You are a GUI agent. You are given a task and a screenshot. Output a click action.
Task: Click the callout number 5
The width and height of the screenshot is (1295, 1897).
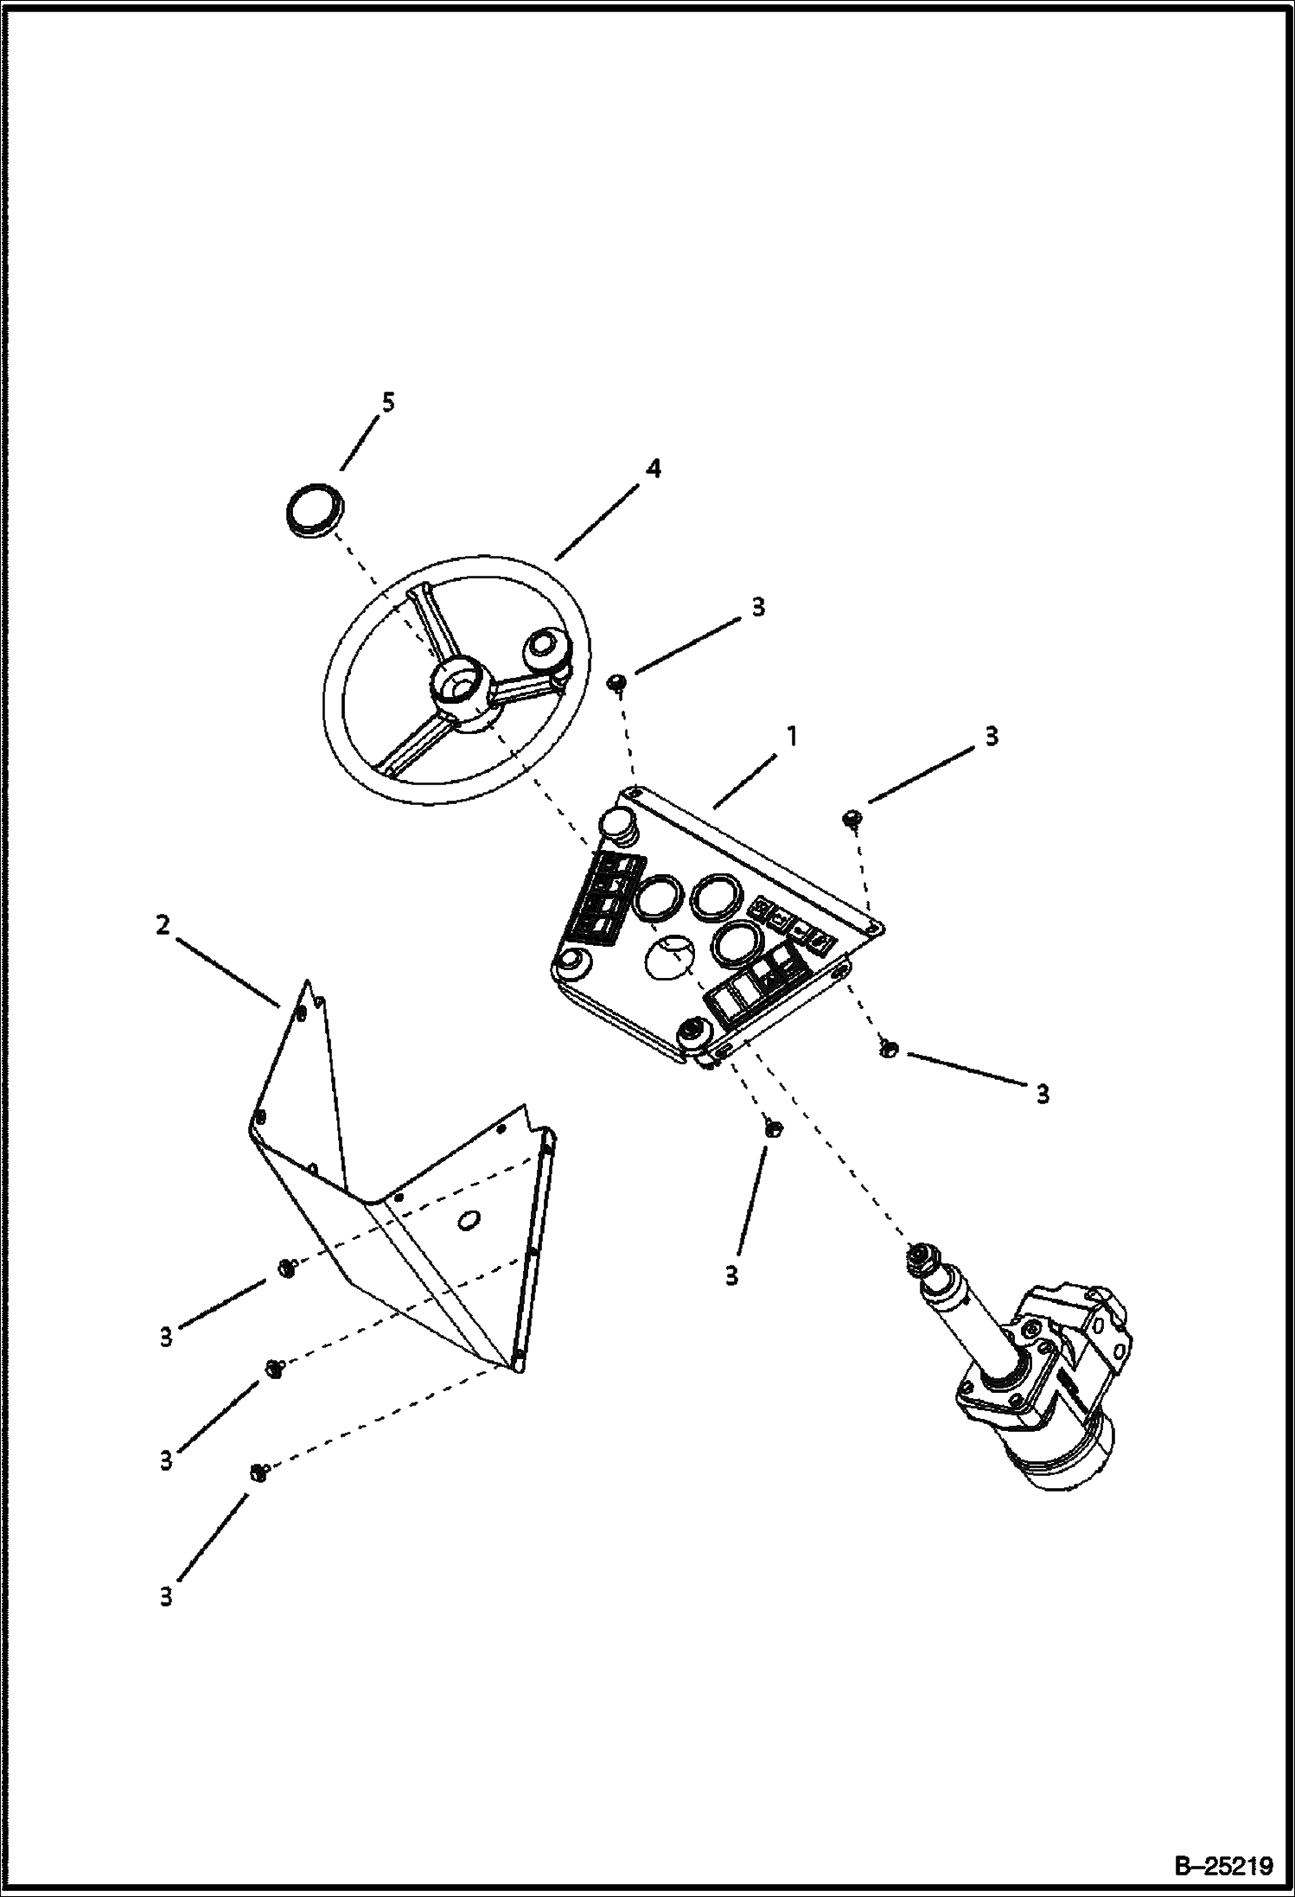coord(388,402)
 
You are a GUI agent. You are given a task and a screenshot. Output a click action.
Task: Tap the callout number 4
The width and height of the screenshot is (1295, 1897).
coord(654,469)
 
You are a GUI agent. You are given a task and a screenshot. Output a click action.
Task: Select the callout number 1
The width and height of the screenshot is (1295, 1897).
coord(791,737)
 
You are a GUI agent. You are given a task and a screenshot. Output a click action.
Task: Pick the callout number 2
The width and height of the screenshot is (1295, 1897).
coord(163,925)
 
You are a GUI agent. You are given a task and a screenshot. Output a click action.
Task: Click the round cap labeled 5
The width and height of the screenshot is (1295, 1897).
coord(313,511)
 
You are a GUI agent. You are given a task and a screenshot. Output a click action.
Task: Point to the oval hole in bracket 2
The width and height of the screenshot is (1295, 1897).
coord(469,1220)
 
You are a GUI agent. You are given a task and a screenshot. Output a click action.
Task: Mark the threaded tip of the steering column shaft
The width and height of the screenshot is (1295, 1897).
coord(919,1260)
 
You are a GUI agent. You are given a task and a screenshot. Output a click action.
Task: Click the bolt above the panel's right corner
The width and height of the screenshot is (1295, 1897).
coord(851,817)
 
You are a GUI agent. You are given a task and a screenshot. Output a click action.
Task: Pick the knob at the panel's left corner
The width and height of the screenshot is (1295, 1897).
coord(572,962)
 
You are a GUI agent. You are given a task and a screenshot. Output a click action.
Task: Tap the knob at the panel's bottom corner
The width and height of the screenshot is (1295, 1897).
coord(692,1032)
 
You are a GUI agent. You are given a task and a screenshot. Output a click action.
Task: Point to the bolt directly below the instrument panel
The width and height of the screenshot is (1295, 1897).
coord(773,1126)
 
